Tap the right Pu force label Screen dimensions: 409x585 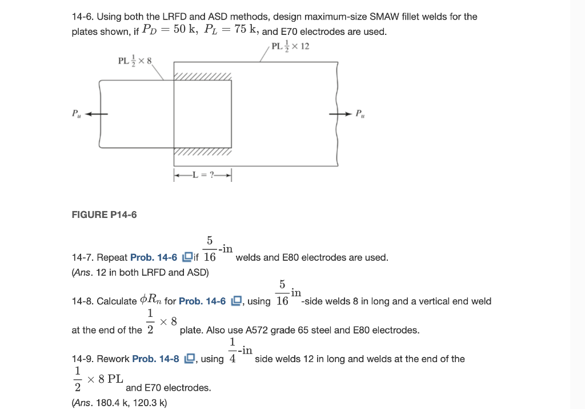point(360,113)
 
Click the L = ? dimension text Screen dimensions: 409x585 point(203,175)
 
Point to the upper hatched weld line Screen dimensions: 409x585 point(203,76)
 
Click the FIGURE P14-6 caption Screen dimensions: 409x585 point(104,215)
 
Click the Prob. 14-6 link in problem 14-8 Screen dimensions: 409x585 point(202,301)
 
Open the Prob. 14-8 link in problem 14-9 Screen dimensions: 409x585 point(155,359)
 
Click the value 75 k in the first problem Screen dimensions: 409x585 point(243,30)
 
